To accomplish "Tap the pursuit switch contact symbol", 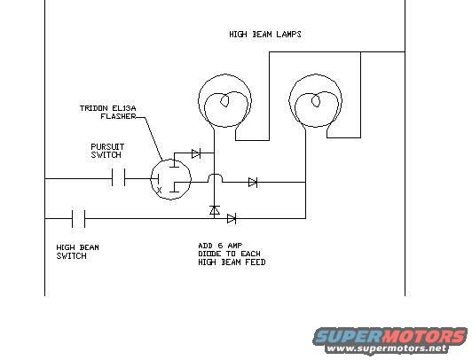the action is [x=118, y=177].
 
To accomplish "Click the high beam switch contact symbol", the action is [x=79, y=219].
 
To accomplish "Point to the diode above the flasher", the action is [x=196, y=153].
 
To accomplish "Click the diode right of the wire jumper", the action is [x=253, y=182].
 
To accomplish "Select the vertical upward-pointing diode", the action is [x=215, y=210].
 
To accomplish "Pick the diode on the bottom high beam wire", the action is [x=232, y=219].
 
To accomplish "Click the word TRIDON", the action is [x=94, y=108].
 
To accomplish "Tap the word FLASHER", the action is [x=118, y=116].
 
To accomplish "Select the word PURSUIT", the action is [x=107, y=147].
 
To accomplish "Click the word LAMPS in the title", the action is [x=288, y=35].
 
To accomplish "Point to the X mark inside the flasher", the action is [x=159, y=190].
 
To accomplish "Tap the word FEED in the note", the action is [x=256, y=262].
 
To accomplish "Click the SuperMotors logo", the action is [x=390, y=336].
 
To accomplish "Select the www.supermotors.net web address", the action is [x=387, y=348].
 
